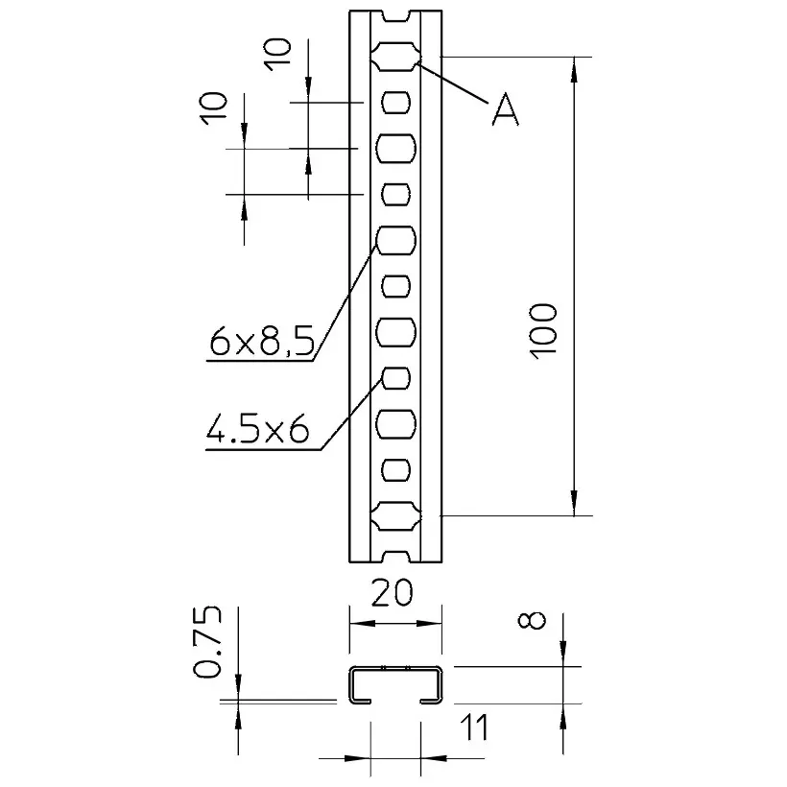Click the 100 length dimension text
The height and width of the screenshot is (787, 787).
[543, 331]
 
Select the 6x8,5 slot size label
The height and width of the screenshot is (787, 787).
[261, 341]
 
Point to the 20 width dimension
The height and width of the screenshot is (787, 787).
[392, 592]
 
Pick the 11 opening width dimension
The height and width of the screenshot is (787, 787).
[474, 727]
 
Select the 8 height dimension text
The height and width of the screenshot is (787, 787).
[532, 620]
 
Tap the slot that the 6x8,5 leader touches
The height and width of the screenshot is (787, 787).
[396, 241]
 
